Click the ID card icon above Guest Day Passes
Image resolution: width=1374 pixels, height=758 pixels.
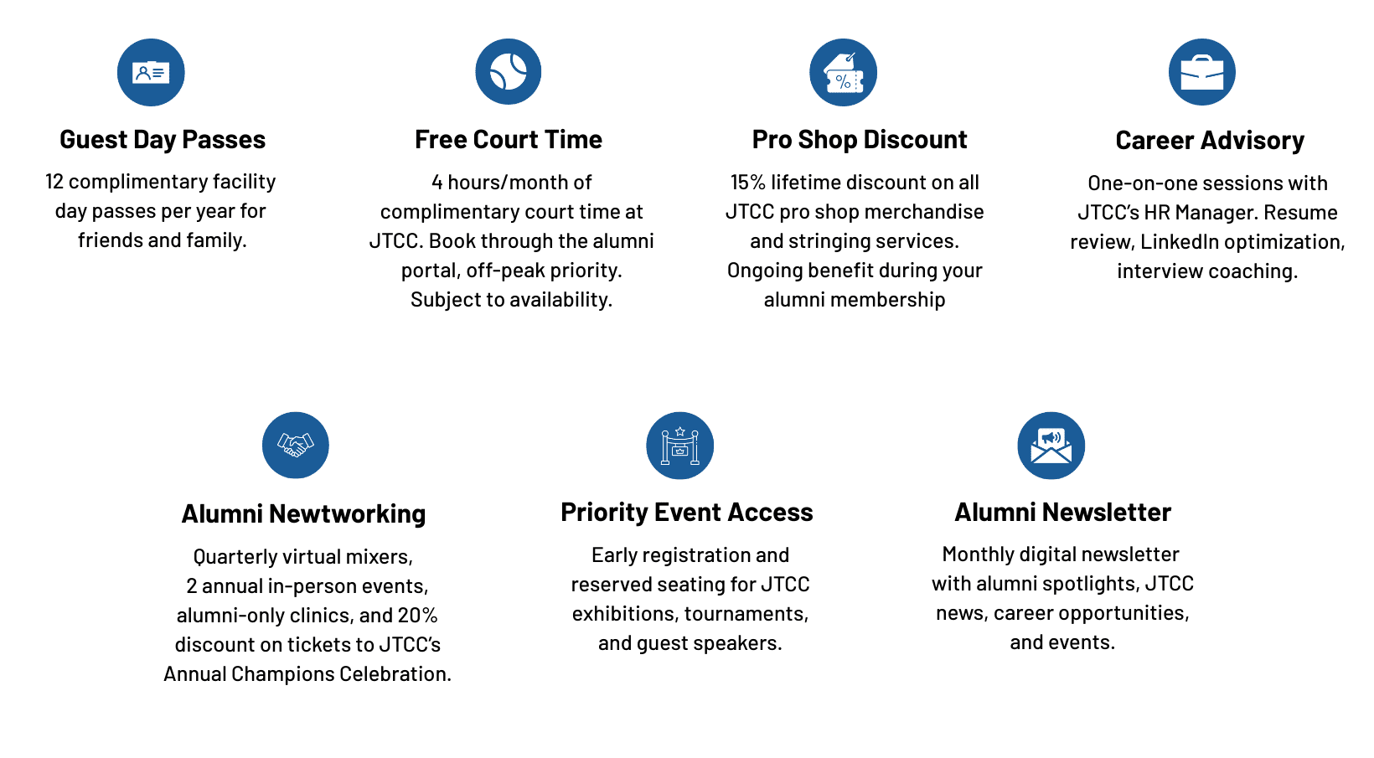point(151,73)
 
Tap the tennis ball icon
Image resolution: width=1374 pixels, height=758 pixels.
point(509,72)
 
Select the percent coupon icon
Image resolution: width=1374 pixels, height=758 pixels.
point(843,73)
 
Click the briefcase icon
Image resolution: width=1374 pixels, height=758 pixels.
point(1201,73)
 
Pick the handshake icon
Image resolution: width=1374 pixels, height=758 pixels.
point(295,445)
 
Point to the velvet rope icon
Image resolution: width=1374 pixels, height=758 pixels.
point(679,445)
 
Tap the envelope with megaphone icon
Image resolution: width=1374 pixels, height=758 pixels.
point(1051,445)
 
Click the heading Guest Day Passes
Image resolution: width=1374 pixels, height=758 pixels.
point(163,140)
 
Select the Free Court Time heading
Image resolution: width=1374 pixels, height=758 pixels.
point(509,140)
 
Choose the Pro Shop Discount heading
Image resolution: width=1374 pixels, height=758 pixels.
point(860,140)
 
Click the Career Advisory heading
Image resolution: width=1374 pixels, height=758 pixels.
point(1210,141)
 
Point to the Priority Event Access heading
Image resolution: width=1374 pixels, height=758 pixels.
point(687,513)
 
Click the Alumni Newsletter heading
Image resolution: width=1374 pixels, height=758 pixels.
point(1062,513)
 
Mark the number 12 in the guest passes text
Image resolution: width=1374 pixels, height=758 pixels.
point(54,182)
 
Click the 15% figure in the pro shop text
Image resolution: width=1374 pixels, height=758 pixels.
point(748,183)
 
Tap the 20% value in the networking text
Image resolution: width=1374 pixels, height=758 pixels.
point(417,616)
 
